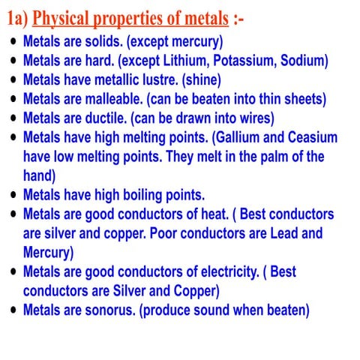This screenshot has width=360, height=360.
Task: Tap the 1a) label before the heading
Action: pos(16,16)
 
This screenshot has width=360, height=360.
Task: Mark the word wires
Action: pos(251,118)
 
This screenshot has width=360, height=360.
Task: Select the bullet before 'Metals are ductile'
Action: pos(12,118)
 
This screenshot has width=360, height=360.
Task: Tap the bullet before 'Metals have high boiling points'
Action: pos(12,196)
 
